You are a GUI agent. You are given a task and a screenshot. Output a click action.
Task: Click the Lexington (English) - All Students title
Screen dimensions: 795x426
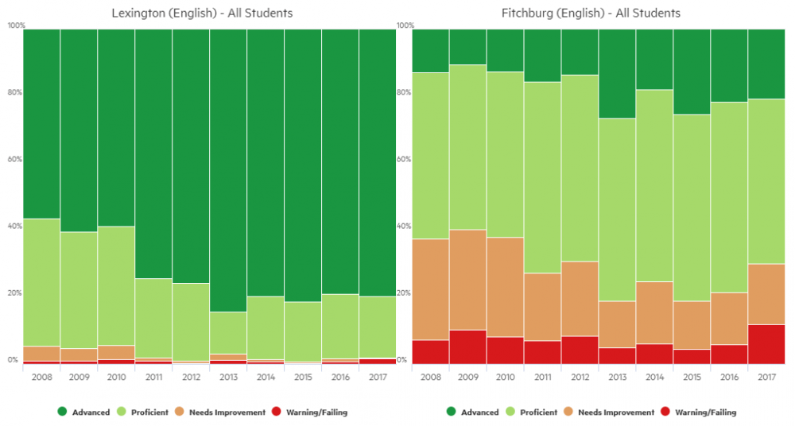point(202,14)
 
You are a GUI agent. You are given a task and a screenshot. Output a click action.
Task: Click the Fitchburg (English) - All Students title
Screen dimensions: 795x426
point(591,14)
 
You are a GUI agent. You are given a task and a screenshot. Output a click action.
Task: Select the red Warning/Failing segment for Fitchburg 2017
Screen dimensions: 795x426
point(766,344)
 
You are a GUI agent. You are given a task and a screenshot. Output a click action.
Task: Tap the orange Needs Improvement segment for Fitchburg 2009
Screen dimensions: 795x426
point(468,280)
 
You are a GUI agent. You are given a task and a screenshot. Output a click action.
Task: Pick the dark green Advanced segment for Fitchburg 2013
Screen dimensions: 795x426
point(617,74)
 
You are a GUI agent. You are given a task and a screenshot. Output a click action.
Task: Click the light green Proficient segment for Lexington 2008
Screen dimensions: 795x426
point(41,282)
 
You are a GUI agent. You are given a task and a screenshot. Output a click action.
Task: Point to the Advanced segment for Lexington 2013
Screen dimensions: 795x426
point(228,170)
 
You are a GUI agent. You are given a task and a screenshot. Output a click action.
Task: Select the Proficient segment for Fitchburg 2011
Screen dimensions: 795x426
point(542,177)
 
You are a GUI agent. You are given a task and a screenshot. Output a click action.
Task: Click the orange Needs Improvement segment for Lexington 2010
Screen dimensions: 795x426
point(116,352)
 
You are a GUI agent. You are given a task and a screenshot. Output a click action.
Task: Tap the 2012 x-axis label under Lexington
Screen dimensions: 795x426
point(191,377)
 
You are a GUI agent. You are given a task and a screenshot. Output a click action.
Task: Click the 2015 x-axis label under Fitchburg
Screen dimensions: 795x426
point(692,377)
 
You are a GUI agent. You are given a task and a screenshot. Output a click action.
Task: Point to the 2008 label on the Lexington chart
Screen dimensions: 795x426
point(41,377)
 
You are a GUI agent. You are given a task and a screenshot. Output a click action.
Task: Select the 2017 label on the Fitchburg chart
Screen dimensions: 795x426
point(766,377)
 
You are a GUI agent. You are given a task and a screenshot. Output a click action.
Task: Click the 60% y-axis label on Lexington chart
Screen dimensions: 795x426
point(14,159)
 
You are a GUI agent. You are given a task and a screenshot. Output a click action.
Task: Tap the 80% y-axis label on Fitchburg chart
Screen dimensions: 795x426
point(404,92)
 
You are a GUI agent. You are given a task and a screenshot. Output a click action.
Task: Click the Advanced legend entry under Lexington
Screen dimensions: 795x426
point(83,412)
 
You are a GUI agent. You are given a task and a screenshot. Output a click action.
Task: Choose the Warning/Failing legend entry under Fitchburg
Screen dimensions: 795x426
point(698,412)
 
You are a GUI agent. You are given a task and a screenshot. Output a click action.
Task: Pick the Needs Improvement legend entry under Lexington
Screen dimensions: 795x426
point(220,412)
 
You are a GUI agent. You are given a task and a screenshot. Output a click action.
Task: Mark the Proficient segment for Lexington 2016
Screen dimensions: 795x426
point(340,327)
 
